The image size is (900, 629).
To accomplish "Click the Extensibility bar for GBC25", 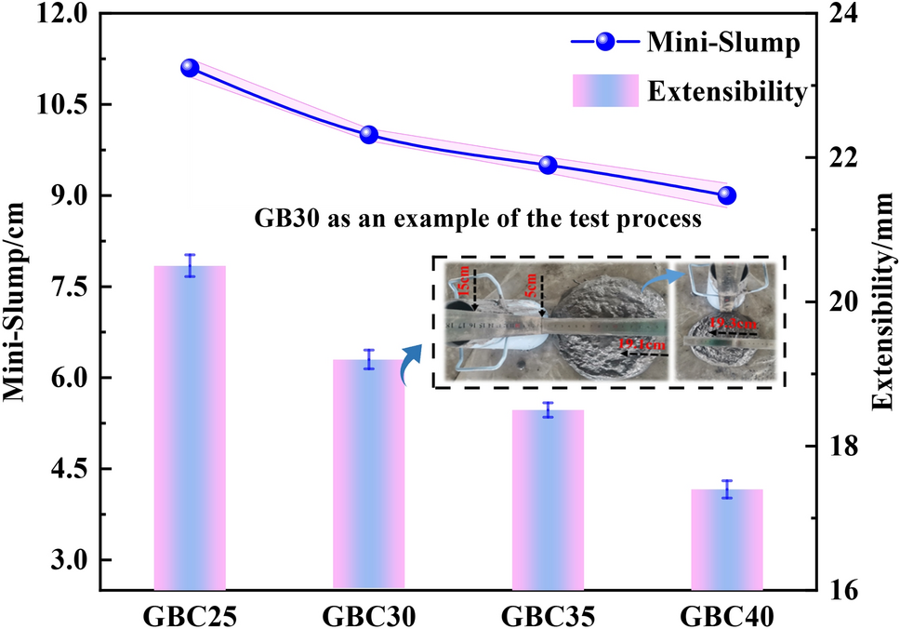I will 190,428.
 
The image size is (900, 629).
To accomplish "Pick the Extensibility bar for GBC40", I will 727,540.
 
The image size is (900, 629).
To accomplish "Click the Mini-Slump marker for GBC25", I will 190,68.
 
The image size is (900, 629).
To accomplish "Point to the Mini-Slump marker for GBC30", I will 369,134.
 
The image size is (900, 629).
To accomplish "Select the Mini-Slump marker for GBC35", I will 548,165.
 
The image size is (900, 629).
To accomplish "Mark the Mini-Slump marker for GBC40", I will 727,195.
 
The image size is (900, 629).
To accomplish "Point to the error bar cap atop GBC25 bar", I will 190,254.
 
